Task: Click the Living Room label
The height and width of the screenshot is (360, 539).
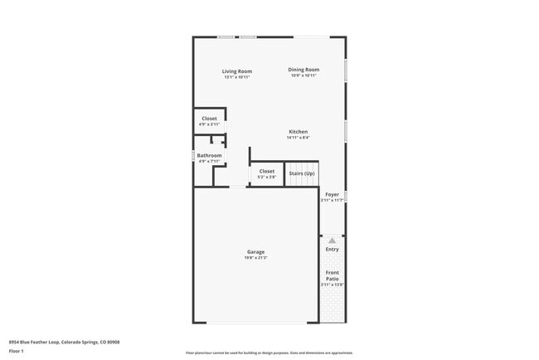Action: click(236, 71)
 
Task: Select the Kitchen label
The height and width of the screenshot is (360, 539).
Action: click(299, 132)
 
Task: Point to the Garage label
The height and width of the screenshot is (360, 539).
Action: click(255, 252)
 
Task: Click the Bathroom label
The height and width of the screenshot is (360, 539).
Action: click(209, 155)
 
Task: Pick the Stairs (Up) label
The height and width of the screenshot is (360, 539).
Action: click(301, 173)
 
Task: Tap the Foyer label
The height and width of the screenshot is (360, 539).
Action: click(332, 194)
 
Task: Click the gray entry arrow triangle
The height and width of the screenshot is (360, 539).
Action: click(333, 241)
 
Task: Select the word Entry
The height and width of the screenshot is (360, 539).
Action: click(333, 249)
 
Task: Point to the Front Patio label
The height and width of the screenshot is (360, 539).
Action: click(333, 275)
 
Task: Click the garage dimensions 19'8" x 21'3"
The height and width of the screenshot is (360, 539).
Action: click(255, 258)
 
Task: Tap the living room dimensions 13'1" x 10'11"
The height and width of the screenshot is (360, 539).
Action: click(236, 77)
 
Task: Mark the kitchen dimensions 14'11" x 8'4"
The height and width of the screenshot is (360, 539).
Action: click(299, 138)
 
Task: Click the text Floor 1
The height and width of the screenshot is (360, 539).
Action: click(16, 351)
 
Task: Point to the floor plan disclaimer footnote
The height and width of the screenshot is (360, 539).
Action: click(269, 352)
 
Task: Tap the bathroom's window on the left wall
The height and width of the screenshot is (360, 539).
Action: click(194, 155)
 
